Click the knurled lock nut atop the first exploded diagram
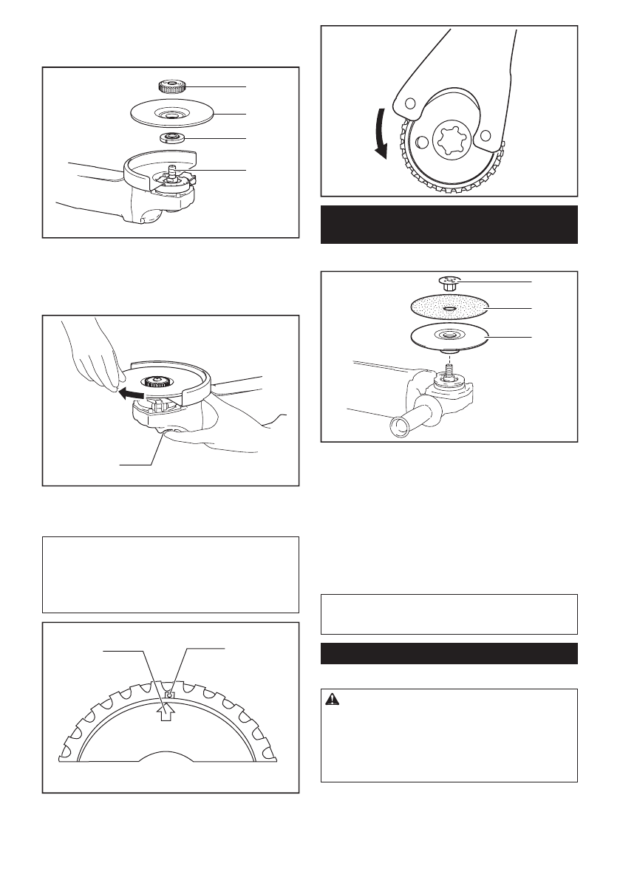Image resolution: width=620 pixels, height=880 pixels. click(171, 87)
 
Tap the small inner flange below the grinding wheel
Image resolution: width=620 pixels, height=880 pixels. click(171, 137)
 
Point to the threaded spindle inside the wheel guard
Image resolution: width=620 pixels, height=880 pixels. click(171, 171)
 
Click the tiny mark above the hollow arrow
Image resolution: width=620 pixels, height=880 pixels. click(169, 695)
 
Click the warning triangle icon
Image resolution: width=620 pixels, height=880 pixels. click(335, 703)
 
